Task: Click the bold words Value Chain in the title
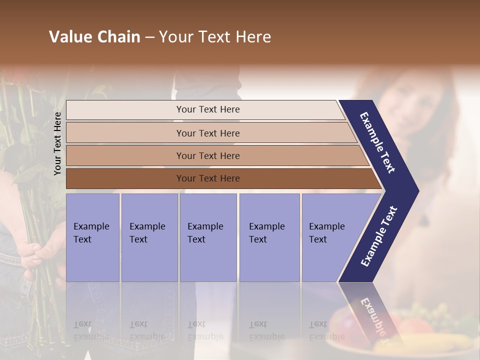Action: click(x=94, y=37)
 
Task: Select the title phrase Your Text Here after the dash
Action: click(x=215, y=37)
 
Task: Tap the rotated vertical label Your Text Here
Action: click(x=57, y=143)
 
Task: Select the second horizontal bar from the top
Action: click(x=207, y=133)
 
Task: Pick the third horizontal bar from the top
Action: click(x=207, y=155)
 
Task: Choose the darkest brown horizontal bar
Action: click(x=207, y=178)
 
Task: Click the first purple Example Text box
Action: click(x=92, y=237)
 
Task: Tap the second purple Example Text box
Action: click(x=149, y=237)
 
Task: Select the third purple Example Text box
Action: click(x=208, y=237)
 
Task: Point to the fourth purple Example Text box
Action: click(x=269, y=237)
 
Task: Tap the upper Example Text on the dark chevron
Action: click(x=377, y=142)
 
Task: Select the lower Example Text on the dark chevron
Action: click(x=378, y=236)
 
